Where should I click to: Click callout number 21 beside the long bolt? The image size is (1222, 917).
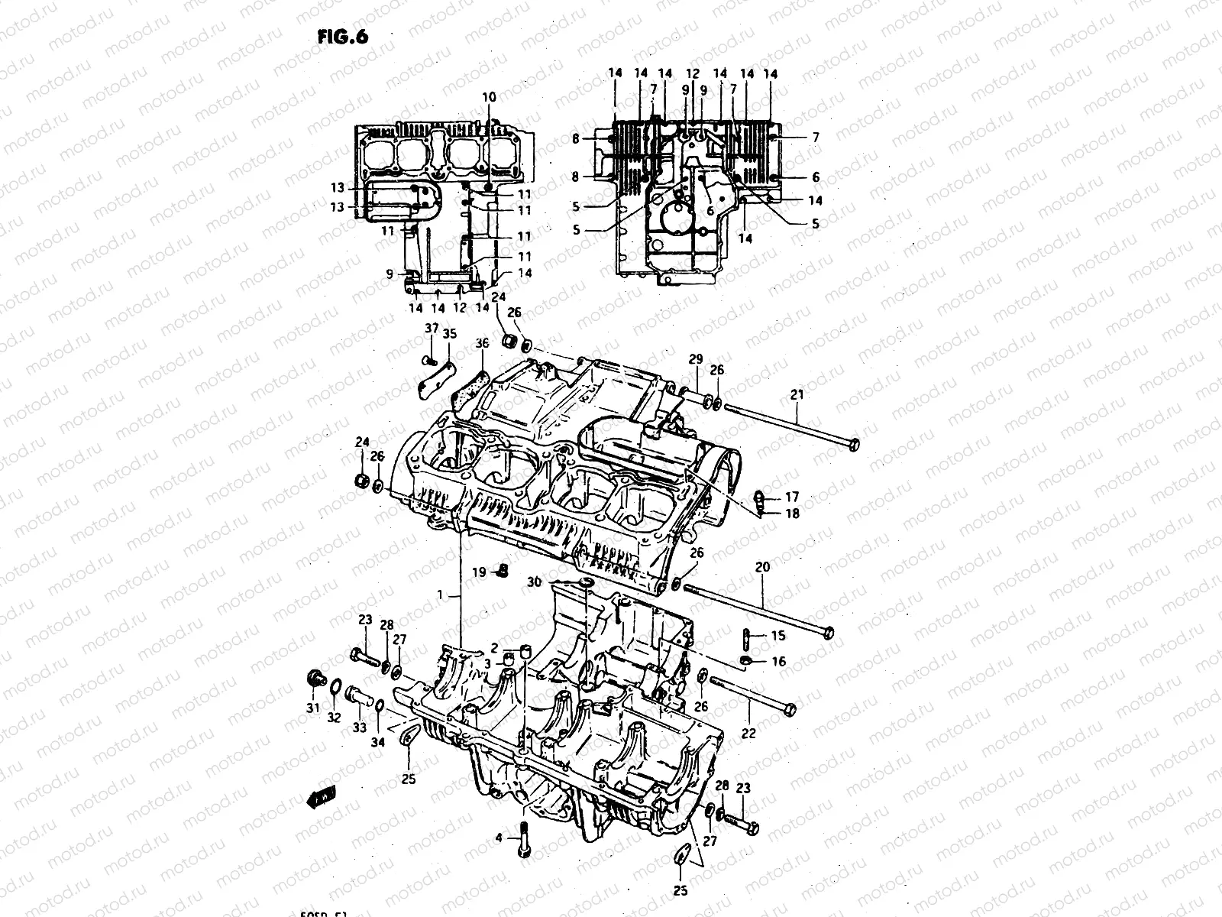(797, 394)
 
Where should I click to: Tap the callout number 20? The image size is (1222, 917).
(762, 567)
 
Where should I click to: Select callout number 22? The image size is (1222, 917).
(748, 733)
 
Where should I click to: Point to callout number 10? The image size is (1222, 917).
(489, 97)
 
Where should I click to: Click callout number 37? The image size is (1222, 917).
(432, 329)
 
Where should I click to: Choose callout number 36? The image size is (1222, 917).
(482, 344)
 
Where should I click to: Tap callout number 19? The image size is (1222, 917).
(479, 572)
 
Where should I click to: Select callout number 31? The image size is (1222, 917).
(312, 708)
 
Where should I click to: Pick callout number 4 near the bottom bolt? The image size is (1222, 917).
(498, 838)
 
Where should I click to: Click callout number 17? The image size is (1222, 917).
(792, 496)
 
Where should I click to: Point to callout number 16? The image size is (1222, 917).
(778, 662)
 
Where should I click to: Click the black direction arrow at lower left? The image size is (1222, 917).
(320, 798)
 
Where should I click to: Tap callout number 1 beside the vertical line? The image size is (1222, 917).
(440, 594)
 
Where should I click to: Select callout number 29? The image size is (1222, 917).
(695, 359)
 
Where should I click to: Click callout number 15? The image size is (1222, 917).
(777, 636)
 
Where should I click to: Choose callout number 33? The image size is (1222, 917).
(359, 729)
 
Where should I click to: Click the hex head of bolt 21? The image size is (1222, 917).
(854, 444)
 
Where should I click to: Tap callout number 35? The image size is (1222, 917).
(449, 333)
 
